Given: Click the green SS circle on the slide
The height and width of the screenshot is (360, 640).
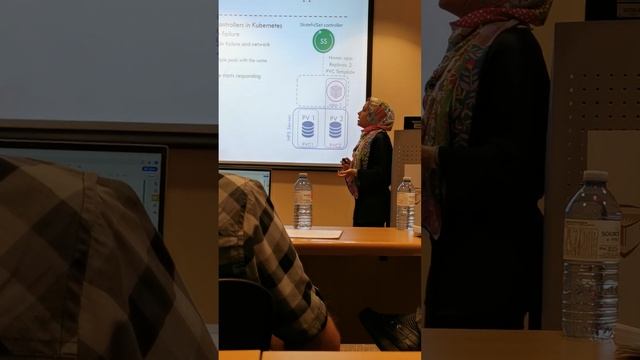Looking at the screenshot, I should point(323,41).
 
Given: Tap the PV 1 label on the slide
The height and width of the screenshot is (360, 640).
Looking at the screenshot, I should point(307,118).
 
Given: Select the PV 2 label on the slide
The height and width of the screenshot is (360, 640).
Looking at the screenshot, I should point(336,118).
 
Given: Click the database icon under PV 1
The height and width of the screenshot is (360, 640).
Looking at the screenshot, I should point(307,131).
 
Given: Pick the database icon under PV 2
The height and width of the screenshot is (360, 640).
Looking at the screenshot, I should point(336,131).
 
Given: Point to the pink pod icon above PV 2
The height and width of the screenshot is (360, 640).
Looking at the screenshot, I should point(336,91).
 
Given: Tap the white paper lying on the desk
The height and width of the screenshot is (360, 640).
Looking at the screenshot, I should point(314,233).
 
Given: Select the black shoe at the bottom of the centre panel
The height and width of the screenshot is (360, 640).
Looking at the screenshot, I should point(390,329).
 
